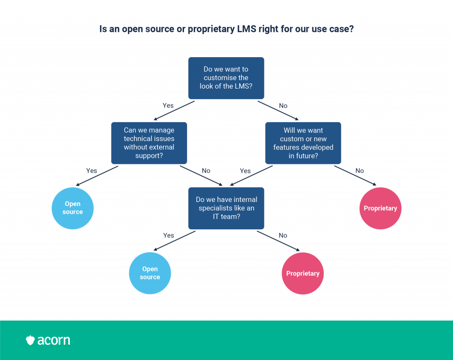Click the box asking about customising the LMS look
click(x=226, y=78)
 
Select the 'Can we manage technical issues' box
click(x=149, y=143)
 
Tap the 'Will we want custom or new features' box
click(x=303, y=143)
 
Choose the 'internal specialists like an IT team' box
click(x=226, y=208)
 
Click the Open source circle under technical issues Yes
click(x=73, y=208)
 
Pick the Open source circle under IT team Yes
click(x=150, y=273)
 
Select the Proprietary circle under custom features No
click(x=380, y=208)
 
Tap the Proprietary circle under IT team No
click(x=303, y=273)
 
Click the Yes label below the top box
click(x=168, y=105)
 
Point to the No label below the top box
click(x=283, y=106)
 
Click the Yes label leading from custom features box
click(x=245, y=171)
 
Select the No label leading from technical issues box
click(x=206, y=170)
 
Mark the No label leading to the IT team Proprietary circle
click(x=283, y=236)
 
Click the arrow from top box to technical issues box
click(x=174, y=110)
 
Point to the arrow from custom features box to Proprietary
click(x=355, y=175)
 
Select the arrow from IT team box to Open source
click(x=174, y=240)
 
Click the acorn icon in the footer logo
click(x=31, y=341)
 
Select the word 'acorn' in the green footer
click(x=54, y=341)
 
